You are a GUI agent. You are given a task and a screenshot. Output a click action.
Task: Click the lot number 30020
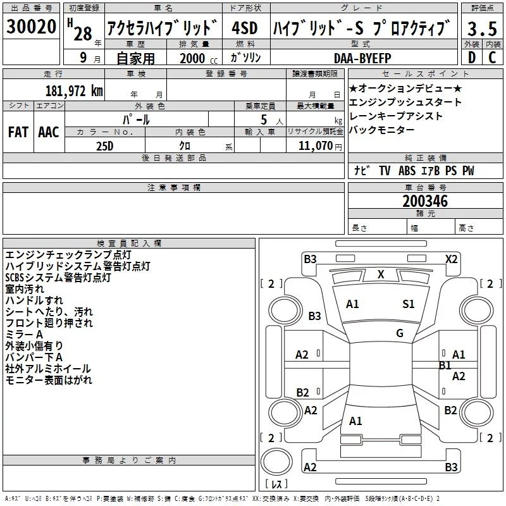click(31, 27)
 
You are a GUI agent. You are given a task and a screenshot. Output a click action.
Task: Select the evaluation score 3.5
click(481, 28)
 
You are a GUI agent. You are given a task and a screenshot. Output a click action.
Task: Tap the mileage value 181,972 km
click(74, 90)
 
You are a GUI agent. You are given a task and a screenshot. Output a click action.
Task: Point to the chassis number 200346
click(425, 201)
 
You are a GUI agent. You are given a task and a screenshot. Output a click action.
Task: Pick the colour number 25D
click(104, 145)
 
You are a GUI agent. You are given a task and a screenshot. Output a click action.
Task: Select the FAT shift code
click(18, 132)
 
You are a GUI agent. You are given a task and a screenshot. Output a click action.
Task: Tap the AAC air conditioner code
click(49, 132)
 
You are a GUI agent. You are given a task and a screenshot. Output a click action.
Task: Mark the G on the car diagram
click(400, 333)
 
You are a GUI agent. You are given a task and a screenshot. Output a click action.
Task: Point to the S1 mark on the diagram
click(409, 304)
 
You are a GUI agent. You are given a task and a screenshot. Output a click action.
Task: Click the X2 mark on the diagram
click(451, 259)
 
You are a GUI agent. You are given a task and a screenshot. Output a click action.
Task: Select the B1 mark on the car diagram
click(445, 365)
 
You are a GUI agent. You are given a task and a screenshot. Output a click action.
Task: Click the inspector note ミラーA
click(24, 334)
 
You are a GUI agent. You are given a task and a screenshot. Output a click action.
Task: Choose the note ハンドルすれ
click(34, 300)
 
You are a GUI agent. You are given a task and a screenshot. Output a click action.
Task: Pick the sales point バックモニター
click(382, 130)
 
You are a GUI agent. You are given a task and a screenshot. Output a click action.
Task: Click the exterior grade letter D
click(471, 58)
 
